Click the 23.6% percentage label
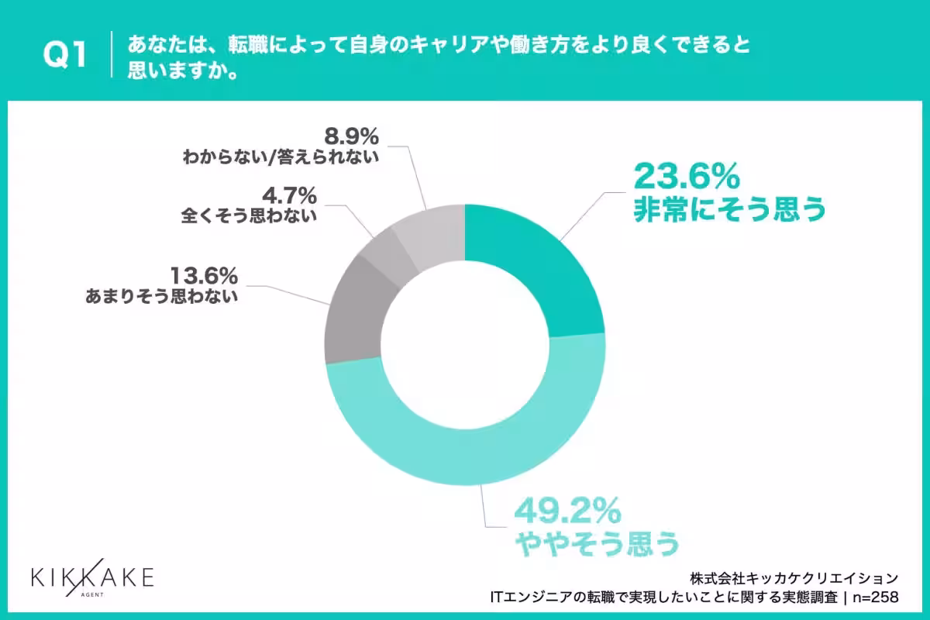pos(687,177)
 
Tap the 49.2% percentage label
pos(567,511)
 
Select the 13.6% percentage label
pos(205,275)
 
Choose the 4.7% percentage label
pos(289,195)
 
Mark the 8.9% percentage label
pos(351,136)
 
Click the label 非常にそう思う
pos(729,209)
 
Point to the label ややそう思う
pos(597,542)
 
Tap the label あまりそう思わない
pos(161,297)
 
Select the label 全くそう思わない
pos(249,216)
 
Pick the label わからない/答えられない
pos(281,157)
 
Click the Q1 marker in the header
pos(65,54)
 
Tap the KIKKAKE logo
pos(92,578)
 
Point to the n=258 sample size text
pos(876,598)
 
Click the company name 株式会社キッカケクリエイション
pos(794,578)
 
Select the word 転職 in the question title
pos(248,44)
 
